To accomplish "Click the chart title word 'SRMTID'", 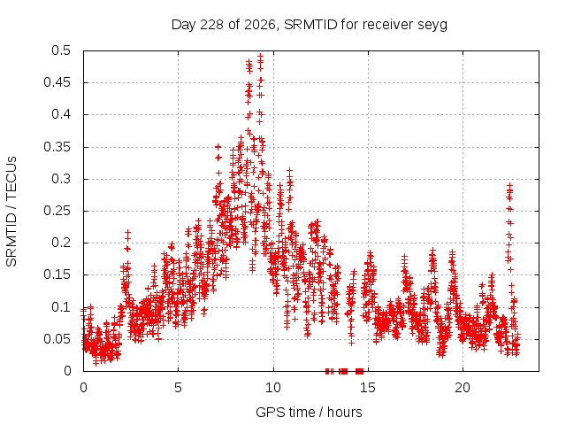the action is click(x=310, y=25).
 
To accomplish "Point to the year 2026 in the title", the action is click(x=260, y=25).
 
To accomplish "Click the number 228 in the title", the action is click(x=211, y=25).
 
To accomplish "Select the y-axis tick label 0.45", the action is click(x=57, y=82).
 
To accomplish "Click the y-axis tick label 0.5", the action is click(x=61, y=50).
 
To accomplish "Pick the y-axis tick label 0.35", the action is click(x=57, y=147).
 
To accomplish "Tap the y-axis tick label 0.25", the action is click(x=57, y=211).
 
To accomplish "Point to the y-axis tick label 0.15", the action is click(x=57, y=274).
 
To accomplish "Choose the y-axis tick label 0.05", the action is click(x=57, y=339).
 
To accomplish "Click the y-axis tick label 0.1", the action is click(x=61, y=307).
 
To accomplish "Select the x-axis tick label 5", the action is click(x=179, y=388).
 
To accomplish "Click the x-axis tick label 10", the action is click(x=273, y=388).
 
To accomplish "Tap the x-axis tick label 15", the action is click(x=368, y=388).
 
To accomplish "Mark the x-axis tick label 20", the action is click(x=463, y=388).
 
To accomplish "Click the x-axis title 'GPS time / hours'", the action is click(x=309, y=413).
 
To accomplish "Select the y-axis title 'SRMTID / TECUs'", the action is click(x=11, y=212).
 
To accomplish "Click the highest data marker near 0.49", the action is click(x=260, y=57).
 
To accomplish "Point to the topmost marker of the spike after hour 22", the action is click(x=509, y=185).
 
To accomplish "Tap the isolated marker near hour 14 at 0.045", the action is click(x=351, y=343).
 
